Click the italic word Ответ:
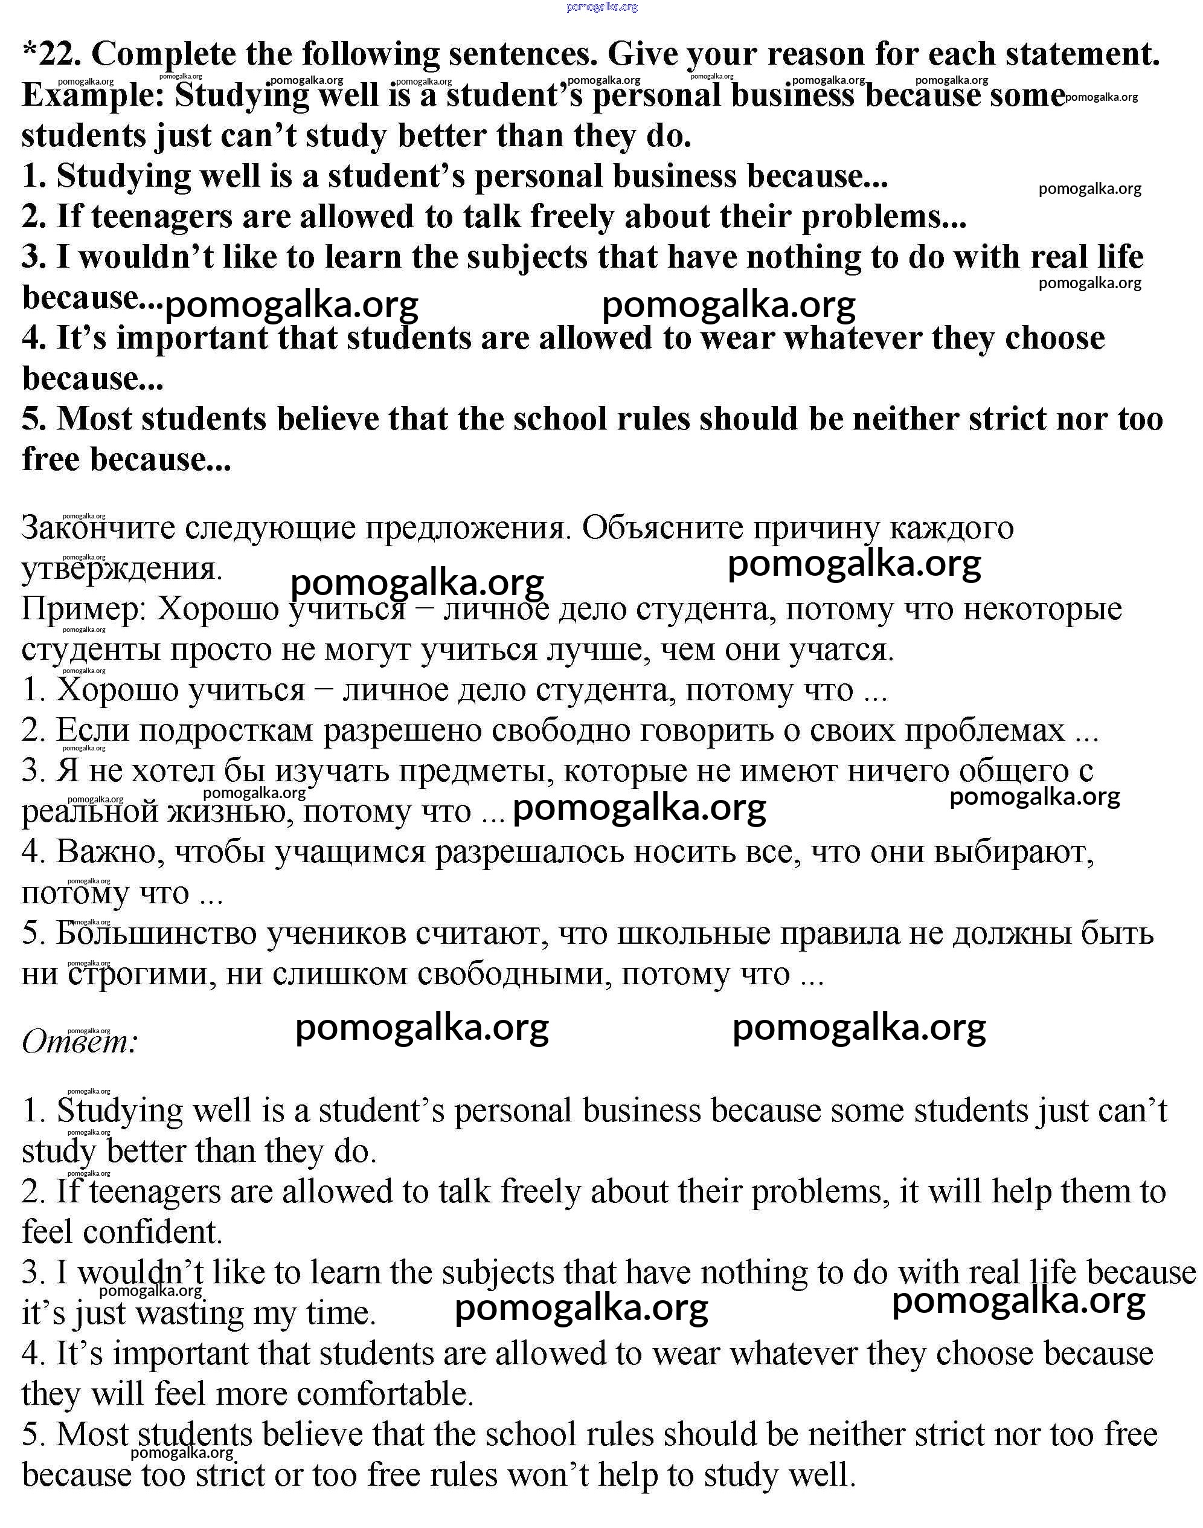coord(80,1042)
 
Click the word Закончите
coord(98,528)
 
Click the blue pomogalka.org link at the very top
coord(601,7)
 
